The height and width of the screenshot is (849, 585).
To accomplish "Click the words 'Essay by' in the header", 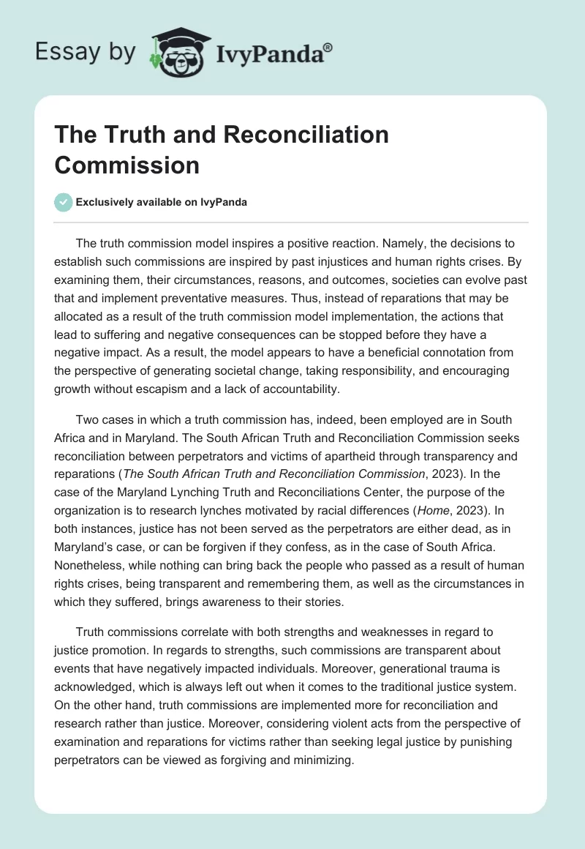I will (86, 52).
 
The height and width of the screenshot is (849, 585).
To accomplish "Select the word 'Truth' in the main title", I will (124, 135).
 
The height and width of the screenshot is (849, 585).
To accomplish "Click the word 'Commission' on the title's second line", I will (127, 165).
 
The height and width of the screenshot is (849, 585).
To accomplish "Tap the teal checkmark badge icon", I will (64, 202).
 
